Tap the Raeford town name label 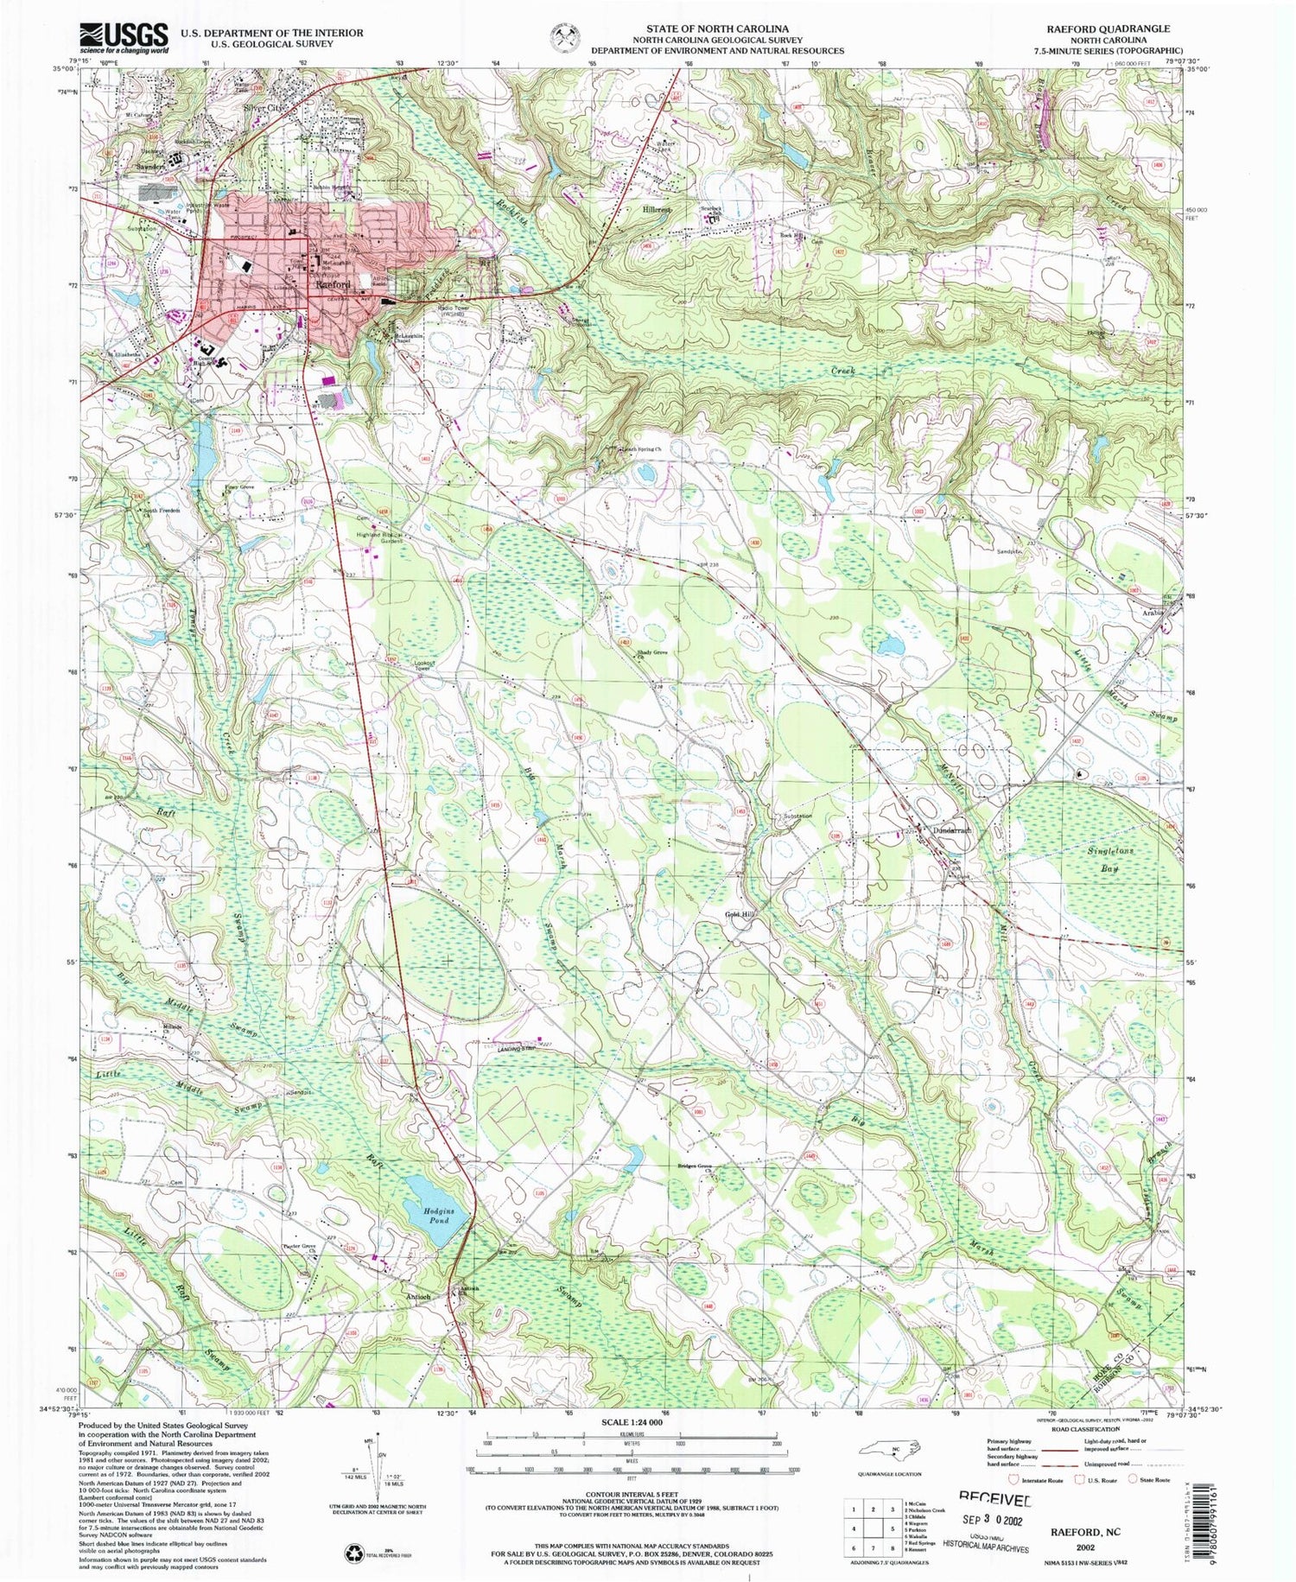pos(333,283)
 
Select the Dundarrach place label pos(953,829)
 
